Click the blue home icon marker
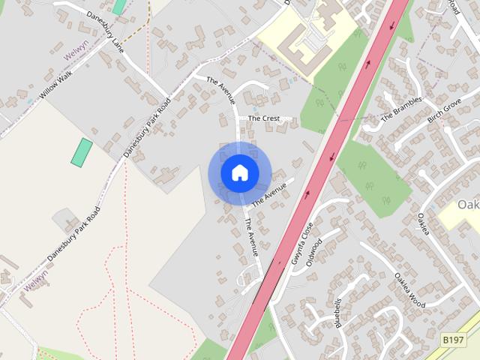[239, 173]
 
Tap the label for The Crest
[263, 118]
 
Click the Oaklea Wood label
[409, 290]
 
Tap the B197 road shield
[452, 340]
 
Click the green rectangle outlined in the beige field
[82, 152]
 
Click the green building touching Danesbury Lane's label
[118, 7]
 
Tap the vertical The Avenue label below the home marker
[252, 237]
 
